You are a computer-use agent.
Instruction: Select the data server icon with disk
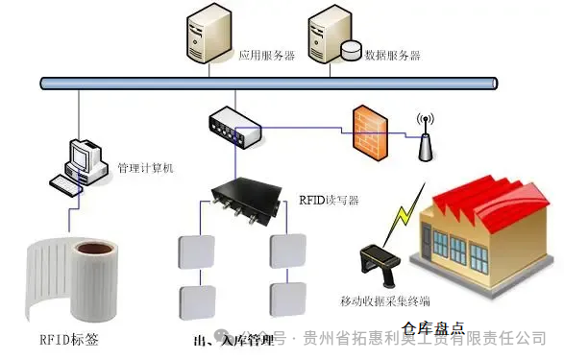point(332,36)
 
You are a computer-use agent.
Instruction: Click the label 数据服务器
point(393,55)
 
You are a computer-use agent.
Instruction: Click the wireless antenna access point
point(423,139)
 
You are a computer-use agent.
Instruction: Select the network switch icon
point(233,127)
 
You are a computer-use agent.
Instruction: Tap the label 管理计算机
point(145,168)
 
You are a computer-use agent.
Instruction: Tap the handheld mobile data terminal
point(375,263)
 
